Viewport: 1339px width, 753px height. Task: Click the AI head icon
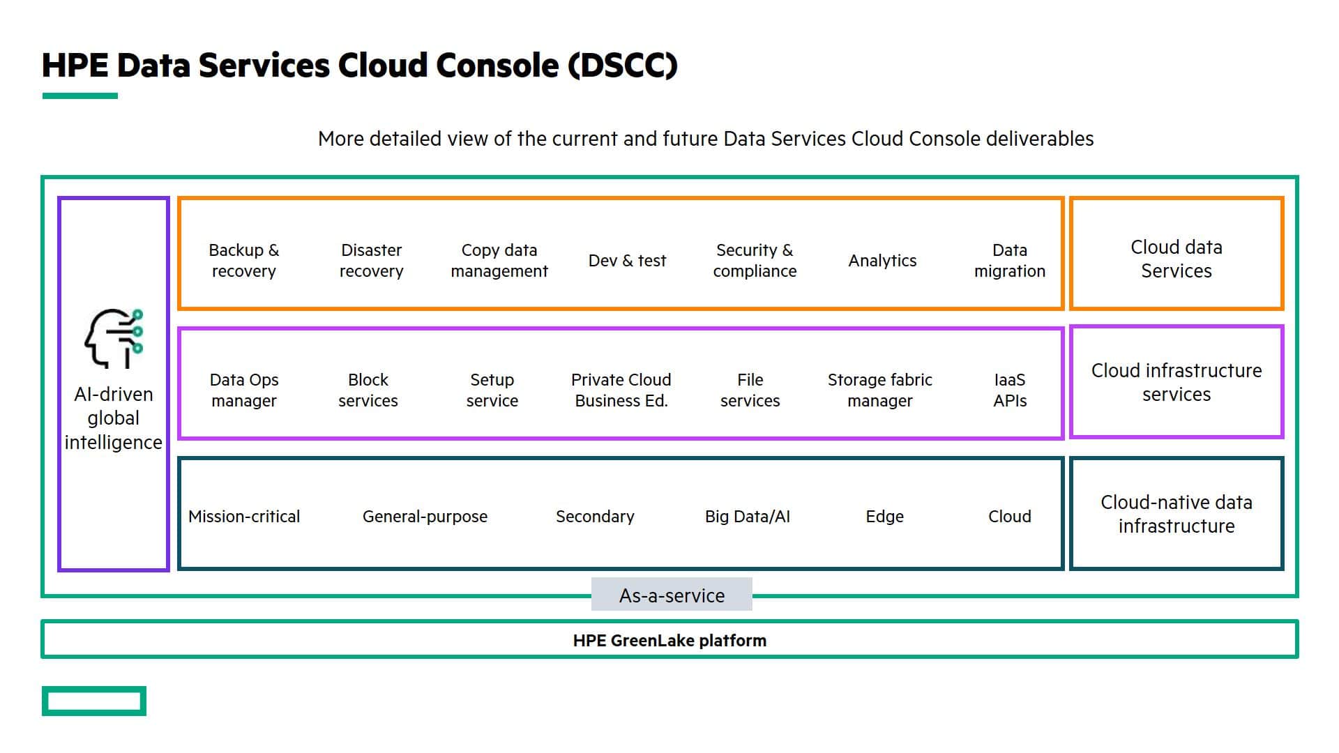tap(114, 338)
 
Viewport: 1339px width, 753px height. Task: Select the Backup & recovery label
tap(243, 260)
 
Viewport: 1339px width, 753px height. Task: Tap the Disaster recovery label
tap(371, 260)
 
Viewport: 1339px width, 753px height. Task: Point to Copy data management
tap(499, 260)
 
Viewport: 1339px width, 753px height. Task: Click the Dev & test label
tap(627, 261)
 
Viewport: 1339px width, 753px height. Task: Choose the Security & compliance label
tap(755, 260)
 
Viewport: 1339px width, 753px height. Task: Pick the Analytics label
tap(882, 261)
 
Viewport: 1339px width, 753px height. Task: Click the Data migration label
tap(1010, 260)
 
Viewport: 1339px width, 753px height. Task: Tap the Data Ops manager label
tap(244, 390)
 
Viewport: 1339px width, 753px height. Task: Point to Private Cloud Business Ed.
tap(621, 390)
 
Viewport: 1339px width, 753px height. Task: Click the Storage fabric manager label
tap(879, 390)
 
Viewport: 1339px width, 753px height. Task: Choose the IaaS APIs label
tap(1010, 390)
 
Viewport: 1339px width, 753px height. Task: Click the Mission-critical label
tap(244, 517)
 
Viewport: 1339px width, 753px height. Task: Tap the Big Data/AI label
tap(748, 517)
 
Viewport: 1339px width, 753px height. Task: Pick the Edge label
tap(884, 517)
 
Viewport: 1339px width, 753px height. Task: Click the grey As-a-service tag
tap(672, 595)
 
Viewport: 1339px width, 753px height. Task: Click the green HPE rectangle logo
tap(94, 688)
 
